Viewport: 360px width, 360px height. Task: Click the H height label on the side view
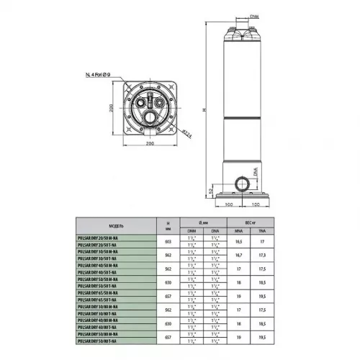pyautogui.click(x=204, y=109)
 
